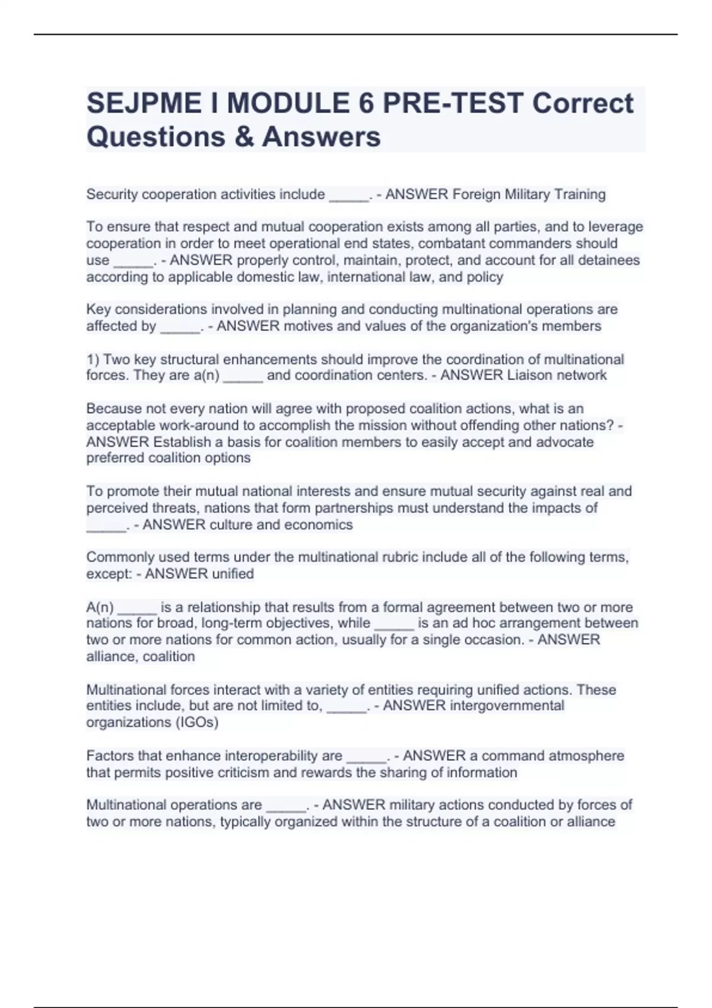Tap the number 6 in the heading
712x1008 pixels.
[366, 103]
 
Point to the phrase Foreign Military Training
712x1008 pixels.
[529, 194]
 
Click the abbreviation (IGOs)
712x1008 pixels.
[196, 723]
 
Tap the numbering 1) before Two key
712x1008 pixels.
[93, 360]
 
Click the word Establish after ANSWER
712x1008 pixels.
[182, 442]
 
